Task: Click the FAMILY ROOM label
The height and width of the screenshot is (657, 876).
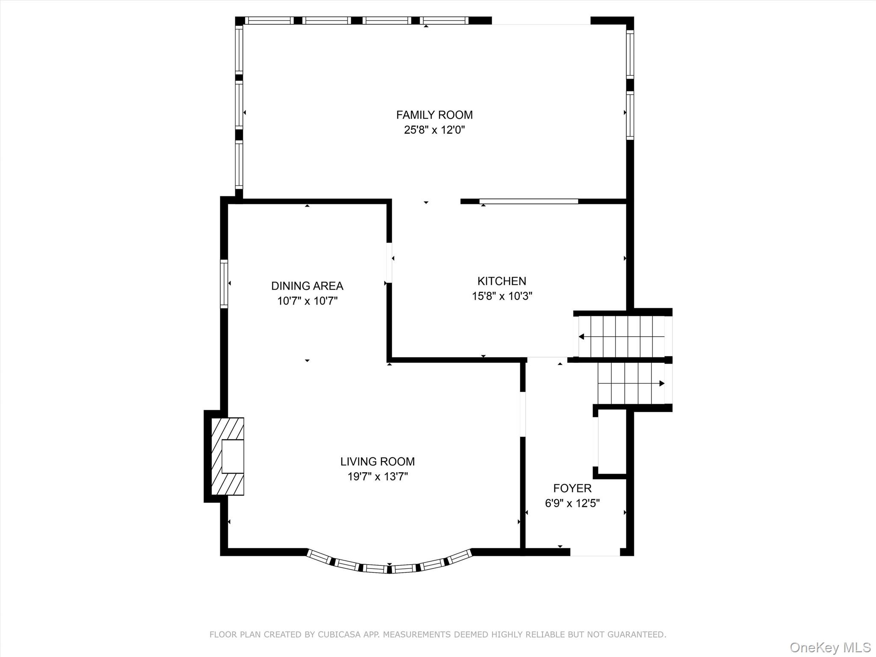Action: (434, 115)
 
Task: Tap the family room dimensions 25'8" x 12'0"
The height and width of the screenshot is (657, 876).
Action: (434, 130)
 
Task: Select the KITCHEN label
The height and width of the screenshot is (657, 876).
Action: (502, 281)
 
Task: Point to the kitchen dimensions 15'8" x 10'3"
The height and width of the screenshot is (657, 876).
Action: (502, 296)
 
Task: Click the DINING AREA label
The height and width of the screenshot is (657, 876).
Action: (307, 286)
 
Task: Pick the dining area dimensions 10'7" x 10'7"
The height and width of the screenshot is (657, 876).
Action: (307, 301)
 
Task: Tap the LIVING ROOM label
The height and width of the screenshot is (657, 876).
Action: (377, 462)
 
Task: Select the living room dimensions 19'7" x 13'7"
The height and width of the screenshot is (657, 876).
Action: (377, 476)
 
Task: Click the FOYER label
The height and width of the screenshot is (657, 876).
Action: (572, 488)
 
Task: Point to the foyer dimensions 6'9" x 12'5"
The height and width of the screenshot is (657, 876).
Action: (572, 503)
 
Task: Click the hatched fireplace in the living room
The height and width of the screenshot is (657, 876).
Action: (228, 456)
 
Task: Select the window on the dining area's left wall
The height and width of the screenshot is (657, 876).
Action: (224, 284)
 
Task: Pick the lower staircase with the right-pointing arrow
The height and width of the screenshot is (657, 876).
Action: (631, 383)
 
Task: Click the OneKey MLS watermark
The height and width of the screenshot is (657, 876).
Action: (830, 647)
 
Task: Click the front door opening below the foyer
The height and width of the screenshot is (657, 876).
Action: (595, 552)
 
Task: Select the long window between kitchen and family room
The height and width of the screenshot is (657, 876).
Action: (529, 201)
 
